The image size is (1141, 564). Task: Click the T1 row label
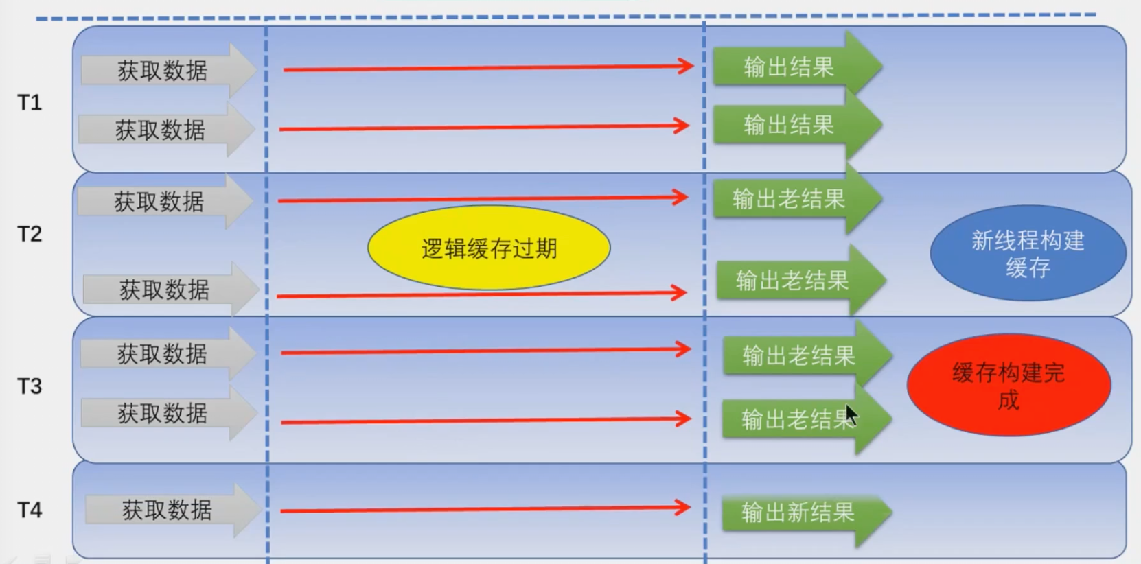pos(30,103)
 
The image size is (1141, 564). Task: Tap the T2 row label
pos(30,234)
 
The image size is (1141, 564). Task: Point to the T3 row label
pos(30,386)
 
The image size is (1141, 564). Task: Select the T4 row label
pos(30,510)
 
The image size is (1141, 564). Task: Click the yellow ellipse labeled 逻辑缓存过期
pos(489,248)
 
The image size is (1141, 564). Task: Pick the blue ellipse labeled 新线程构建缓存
pos(1028,253)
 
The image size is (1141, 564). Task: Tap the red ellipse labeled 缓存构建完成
pos(1009,385)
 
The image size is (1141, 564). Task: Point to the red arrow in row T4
pos(485,509)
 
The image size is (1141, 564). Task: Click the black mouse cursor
pos(851,415)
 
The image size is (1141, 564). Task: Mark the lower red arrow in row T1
pos(483,127)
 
